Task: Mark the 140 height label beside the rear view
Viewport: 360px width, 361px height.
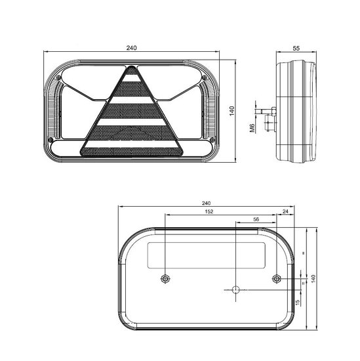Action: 315,278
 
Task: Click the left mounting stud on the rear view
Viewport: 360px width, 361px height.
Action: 165,280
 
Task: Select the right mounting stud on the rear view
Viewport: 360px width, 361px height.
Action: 276,280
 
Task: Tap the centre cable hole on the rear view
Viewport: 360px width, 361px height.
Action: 235,289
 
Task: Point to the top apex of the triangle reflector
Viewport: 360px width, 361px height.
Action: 131,67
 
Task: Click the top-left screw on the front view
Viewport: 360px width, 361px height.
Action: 60,79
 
